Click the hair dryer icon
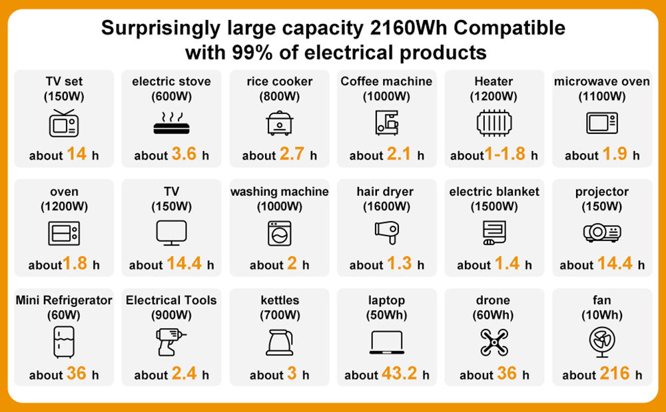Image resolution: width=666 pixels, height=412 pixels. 386,231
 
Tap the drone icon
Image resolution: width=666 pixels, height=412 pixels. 494,341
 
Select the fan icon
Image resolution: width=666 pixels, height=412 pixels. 601,341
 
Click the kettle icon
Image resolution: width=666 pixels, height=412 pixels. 280,341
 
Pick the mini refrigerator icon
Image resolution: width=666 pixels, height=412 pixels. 64,341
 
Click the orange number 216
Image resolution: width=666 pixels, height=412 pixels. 614,373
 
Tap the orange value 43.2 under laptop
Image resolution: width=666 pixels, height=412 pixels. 400,373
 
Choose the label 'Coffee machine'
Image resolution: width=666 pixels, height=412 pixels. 386,81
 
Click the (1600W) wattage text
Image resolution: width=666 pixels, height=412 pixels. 386,206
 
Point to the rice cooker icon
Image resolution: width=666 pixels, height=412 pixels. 280,123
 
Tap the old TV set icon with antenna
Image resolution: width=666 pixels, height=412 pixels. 64,123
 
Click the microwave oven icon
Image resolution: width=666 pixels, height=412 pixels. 601,123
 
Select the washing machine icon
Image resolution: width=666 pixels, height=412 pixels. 280,233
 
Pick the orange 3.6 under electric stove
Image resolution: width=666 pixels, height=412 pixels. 184,154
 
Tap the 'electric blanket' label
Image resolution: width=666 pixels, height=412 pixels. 494,192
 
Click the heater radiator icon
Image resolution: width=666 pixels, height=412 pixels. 494,123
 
